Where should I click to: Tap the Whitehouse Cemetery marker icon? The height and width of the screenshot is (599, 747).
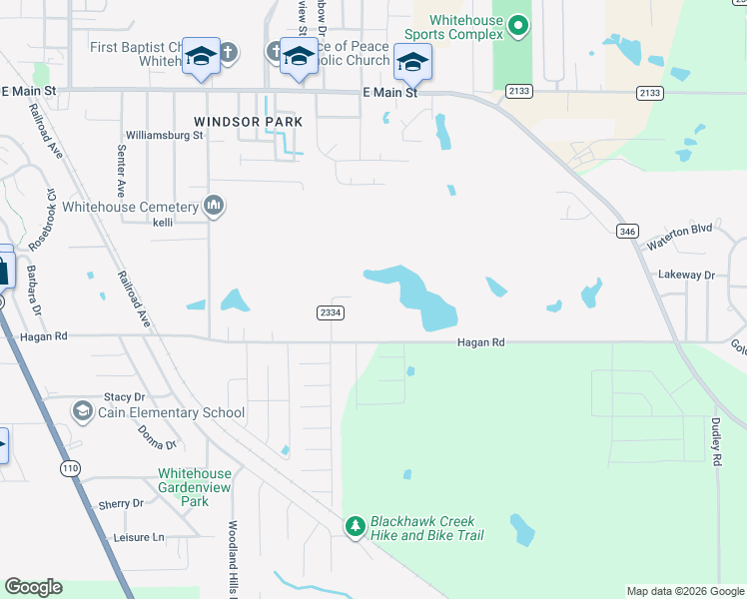click(x=213, y=207)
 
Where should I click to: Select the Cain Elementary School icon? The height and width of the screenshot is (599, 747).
click(x=83, y=411)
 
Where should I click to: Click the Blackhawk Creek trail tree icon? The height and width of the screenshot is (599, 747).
click(x=355, y=526)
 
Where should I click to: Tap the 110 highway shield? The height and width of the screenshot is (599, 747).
click(x=69, y=468)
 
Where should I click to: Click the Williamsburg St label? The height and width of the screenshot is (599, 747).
click(x=164, y=135)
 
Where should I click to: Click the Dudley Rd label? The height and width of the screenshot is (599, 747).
click(x=716, y=442)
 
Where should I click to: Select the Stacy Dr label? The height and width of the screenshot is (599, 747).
click(x=125, y=397)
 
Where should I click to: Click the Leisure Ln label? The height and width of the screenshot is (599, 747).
click(x=138, y=537)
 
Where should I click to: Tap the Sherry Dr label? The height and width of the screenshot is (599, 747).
click(x=121, y=504)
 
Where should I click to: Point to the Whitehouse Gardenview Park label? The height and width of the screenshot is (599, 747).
click(x=195, y=487)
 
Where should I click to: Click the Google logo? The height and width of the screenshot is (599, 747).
click(x=33, y=587)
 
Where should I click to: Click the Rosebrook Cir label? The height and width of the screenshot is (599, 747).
click(x=42, y=220)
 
